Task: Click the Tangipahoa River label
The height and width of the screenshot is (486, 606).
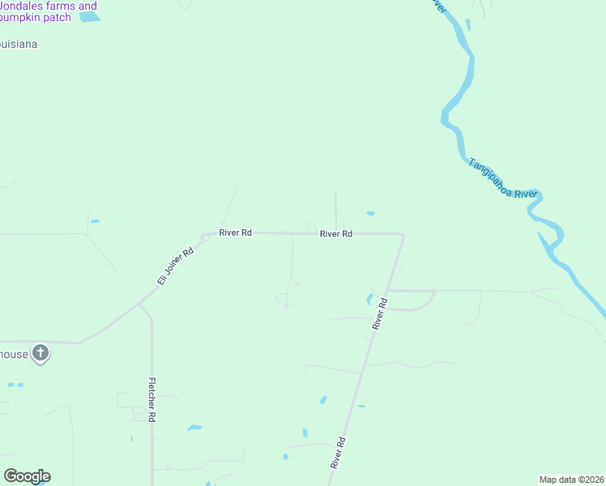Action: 502,177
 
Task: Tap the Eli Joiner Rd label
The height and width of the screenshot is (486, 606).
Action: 176,265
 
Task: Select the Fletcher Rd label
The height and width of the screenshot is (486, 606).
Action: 151,399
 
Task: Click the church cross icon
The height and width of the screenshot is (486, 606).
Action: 41,353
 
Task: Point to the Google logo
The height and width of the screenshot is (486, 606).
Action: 27,476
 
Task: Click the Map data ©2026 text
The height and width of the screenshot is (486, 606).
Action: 572,480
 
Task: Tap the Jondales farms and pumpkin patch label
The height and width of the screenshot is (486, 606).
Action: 49,11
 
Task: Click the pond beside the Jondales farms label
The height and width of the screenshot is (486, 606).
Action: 89,16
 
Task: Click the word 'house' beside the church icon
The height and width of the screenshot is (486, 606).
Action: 14,354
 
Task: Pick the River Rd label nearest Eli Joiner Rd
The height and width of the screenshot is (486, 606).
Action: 236,232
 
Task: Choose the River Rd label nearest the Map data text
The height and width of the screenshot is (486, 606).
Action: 339,454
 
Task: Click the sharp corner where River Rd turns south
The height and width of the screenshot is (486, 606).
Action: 402,235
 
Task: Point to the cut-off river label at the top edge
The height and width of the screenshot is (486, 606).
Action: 438,6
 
